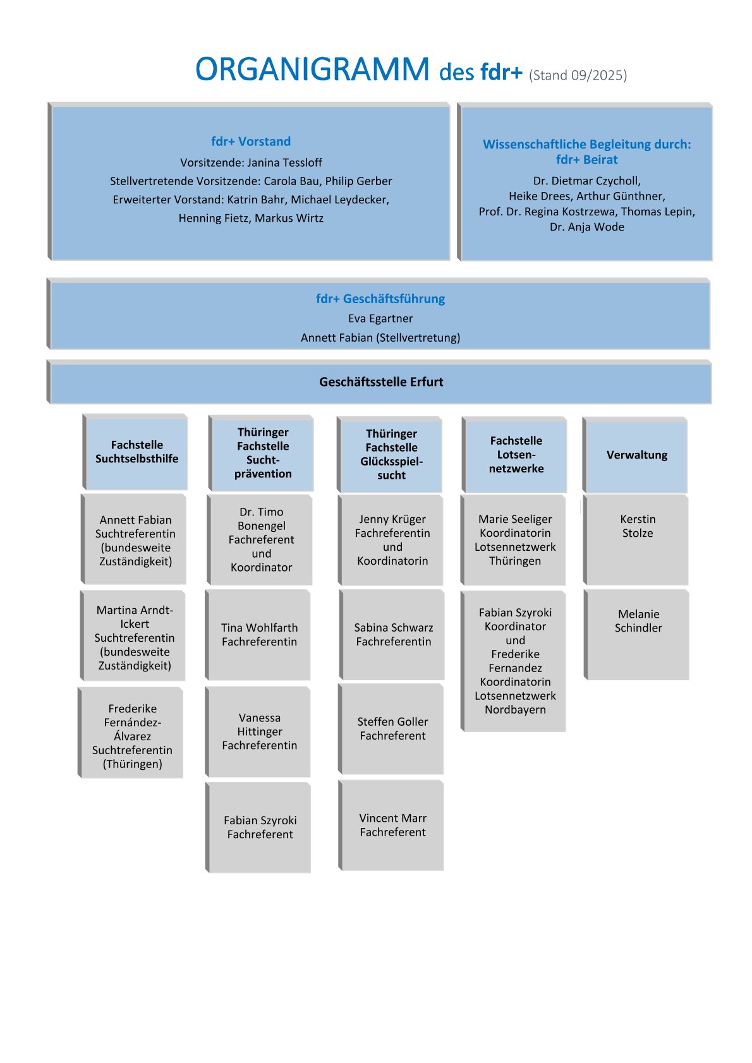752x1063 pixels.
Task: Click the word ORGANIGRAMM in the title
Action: pyautogui.click(x=312, y=69)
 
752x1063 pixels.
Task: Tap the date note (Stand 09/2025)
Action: pyautogui.click(x=578, y=75)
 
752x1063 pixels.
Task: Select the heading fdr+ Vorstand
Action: pyautogui.click(x=251, y=141)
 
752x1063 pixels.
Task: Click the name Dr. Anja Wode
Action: pyautogui.click(x=586, y=227)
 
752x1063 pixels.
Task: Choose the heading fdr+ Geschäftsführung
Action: pyautogui.click(x=380, y=299)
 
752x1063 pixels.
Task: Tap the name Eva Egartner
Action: pyautogui.click(x=380, y=318)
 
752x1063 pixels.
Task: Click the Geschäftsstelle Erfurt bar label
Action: pyautogui.click(x=381, y=381)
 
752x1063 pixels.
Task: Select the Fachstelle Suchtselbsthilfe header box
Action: pyautogui.click(x=136, y=452)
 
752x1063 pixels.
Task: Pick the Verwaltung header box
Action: pyautogui.click(x=636, y=455)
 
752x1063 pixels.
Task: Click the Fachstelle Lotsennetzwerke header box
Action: pyautogui.click(x=516, y=455)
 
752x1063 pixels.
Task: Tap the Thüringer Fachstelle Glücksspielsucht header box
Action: pyautogui.click(x=391, y=455)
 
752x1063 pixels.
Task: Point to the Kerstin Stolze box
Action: pyautogui.click(x=637, y=538)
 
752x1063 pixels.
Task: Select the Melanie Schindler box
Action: pyautogui.click(x=638, y=634)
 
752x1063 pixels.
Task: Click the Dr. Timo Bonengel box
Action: pyautogui.click(x=261, y=539)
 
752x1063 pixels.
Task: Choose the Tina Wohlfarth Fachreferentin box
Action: pyautogui.click(x=259, y=634)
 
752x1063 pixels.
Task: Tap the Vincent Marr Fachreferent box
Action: pyautogui.click(x=392, y=825)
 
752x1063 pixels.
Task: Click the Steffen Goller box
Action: pyautogui.click(x=392, y=728)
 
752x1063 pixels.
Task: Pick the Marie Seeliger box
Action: pyautogui.click(x=514, y=539)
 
